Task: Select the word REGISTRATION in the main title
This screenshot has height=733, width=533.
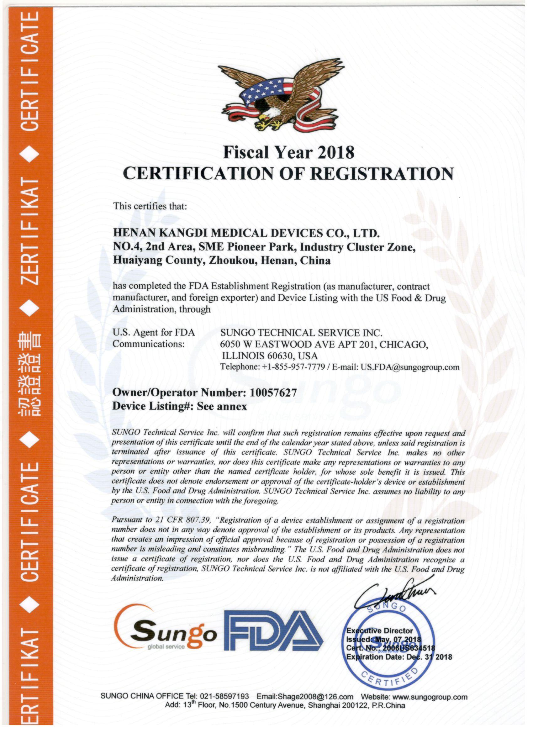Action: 382,174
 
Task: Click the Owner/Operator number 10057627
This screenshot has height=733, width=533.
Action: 273,392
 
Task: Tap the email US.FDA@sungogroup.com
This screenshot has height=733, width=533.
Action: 410,367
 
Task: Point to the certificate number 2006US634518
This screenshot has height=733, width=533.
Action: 409,648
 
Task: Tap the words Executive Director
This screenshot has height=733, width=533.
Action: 379,630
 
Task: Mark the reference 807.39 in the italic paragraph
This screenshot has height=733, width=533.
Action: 198,520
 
